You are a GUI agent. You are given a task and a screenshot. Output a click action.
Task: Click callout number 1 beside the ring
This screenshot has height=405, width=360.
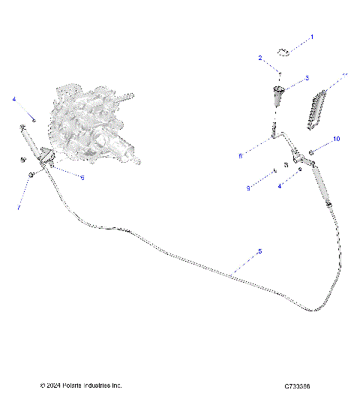(313, 36)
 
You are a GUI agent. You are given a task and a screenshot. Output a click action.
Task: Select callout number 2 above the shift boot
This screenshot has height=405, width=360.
(260, 58)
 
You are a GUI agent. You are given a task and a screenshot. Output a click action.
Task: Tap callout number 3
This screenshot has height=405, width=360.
(307, 78)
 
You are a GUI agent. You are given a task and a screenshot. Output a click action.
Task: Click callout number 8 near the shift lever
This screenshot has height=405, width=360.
(239, 156)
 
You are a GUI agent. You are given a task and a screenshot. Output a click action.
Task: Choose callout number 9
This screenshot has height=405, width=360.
(248, 188)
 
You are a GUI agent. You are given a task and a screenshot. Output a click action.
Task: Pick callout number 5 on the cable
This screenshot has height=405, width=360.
(259, 252)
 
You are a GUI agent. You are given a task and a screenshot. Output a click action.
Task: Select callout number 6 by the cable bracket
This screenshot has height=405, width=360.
(82, 177)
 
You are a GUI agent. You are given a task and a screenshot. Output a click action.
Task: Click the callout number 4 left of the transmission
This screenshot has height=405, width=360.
(13, 98)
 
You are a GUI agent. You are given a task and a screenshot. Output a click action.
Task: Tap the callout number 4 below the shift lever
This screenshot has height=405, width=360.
(280, 185)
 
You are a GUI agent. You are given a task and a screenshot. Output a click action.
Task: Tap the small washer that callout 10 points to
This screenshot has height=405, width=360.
(312, 151)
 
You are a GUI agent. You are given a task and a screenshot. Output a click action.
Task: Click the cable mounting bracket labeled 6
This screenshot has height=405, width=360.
(46, 158)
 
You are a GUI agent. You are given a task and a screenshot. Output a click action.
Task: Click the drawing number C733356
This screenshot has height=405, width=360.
(298, 387)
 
